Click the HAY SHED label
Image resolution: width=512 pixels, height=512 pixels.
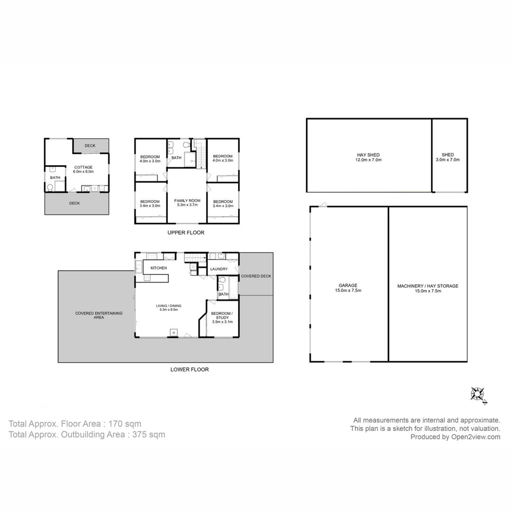coord(368,157)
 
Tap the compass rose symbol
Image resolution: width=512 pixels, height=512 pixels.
coord(478,395)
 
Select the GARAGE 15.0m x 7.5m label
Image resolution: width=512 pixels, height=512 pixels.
coord(348,288)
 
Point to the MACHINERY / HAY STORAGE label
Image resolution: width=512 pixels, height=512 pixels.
coord(428,288)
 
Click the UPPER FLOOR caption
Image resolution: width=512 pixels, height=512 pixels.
coord(186,233)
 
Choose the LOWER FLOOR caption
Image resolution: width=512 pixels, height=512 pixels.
coord(189,370)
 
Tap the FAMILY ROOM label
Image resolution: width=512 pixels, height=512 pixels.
coord(187,203)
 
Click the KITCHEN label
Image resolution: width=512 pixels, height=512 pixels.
coord(159,268)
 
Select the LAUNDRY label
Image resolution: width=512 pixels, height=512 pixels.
coord(219,269)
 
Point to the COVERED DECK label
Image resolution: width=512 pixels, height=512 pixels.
coord(256,276)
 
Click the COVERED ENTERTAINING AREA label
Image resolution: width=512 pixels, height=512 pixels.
coord(99,315)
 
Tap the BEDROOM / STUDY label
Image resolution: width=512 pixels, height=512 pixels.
coord(222,317)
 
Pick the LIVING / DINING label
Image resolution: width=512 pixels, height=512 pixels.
coord(168,308)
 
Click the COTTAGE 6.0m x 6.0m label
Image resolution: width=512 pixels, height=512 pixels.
coord(83,169)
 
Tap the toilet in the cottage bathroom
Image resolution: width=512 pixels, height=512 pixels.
coord(50,187)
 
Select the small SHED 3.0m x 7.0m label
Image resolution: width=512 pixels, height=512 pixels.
coord(448,157)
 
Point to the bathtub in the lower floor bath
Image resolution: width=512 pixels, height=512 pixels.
coord(233,288)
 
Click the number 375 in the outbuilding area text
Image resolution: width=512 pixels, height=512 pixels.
coord(139,435)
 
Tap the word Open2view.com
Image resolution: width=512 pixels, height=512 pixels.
coord(476,437)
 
